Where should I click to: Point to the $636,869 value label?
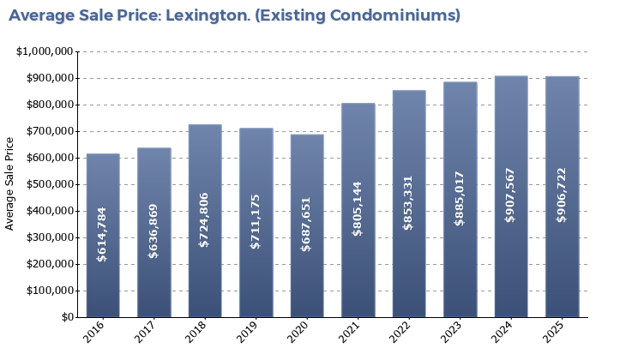[x=154, y=231]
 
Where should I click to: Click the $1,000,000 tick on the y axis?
[x=45, y=51]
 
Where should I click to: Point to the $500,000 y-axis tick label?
[x=47, y=184]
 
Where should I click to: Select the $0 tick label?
[x=67, y=317]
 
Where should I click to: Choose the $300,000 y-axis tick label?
[x=47, y=237]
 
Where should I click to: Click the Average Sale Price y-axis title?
[x=10, y=183]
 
